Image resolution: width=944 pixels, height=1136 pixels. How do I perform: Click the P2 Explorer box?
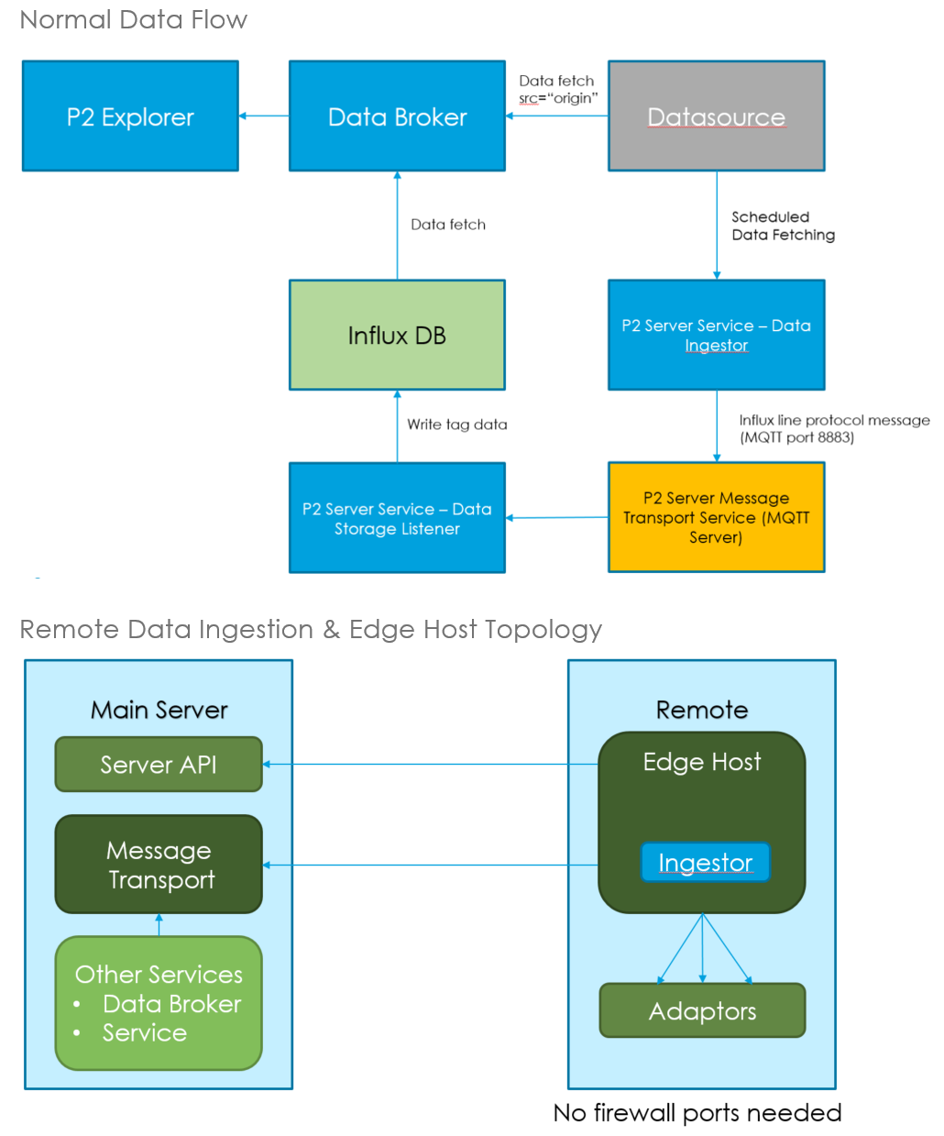(130, 116)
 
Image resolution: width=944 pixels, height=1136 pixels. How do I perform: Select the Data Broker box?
(397, 116)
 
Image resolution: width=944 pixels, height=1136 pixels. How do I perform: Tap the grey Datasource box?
(716, 116)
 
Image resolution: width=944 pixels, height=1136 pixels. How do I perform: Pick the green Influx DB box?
(397, 336)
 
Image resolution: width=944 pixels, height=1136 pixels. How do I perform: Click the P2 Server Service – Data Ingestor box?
(716, 336)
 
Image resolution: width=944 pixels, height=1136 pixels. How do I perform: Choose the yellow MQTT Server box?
(716, 518)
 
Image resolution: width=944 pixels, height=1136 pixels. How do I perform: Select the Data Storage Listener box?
(397, 518)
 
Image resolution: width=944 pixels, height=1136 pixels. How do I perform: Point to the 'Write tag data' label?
(456, 425)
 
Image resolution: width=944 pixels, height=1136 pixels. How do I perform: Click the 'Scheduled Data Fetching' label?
(783, 226)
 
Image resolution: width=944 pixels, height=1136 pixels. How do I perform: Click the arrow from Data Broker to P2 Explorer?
(264, 116)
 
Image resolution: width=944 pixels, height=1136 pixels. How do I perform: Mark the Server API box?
(159, 765)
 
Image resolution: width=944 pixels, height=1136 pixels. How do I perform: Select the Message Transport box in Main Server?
(159, 865)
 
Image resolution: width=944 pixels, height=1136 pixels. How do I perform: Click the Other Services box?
(159, 1003)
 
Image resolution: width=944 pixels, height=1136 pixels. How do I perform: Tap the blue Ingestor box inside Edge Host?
(705, 863)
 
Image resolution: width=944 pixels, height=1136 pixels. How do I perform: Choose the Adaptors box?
(702, 1011)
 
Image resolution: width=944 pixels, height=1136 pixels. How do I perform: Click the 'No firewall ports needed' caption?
(697, 1113)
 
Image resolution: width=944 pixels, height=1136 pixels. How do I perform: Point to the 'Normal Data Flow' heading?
(134, 20)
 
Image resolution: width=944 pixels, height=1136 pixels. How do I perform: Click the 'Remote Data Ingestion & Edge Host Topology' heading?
(311, 630)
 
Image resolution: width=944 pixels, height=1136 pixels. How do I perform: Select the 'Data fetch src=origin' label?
(557, 90)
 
